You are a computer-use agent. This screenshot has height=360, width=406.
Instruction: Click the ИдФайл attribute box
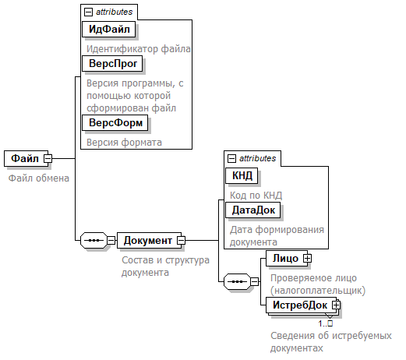(109, 29)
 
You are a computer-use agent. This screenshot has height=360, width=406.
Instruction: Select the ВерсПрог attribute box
(112, 64)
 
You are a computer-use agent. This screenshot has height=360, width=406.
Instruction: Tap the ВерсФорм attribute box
(115, 123)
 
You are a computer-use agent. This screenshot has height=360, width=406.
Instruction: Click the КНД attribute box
(242, 176)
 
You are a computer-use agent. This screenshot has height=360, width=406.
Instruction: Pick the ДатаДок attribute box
(253, 210)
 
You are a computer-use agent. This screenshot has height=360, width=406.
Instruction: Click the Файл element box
(26, 158)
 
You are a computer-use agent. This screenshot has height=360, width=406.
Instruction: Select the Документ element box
(149, 241)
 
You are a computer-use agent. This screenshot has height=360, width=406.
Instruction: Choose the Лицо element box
(287, 258)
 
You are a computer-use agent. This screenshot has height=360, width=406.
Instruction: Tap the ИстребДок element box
(301, 305)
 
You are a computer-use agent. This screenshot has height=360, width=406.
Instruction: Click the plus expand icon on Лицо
(308, 258)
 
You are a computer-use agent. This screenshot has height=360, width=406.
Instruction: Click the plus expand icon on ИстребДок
(337, 305)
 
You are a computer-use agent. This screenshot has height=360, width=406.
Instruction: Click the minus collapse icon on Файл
(48, 158)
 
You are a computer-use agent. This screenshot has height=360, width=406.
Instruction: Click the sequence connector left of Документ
(94, 241)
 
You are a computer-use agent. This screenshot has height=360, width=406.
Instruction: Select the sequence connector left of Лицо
(237, 281)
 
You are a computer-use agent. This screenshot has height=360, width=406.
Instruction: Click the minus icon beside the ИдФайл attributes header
(88, 12)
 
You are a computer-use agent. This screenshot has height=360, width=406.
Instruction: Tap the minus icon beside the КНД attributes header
(231, 158)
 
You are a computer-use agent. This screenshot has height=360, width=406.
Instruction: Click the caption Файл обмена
(39, 178)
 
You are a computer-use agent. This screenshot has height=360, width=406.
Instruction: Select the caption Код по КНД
(256, 196)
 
